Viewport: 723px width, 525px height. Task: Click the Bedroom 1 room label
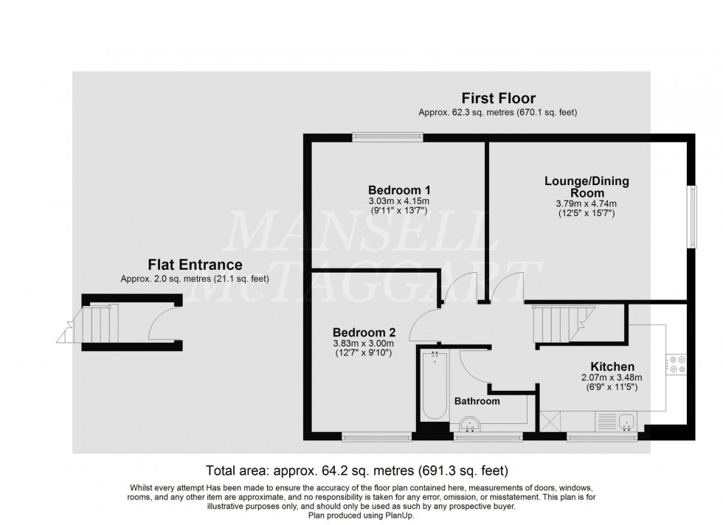tap(399, 190)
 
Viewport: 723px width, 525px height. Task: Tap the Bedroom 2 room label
tap(364, 333)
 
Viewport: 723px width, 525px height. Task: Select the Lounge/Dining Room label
tap(587, 187)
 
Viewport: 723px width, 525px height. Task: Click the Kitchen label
tap(612, 367)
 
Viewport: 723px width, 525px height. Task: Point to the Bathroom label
tap(477, 401)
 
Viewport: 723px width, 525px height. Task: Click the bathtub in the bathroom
tap(435, 384)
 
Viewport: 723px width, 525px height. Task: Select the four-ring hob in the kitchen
tap(676, 364)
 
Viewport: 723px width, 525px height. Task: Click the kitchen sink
tap(626, 421)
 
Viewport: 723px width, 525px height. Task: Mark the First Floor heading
tap(499, 98)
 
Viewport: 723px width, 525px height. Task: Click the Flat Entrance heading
tap(195, 265)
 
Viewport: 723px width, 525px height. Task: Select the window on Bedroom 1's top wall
tap(387, 136)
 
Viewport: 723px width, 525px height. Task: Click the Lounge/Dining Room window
tap(692, 217)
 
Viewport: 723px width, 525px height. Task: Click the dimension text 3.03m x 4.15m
tap(399, 201)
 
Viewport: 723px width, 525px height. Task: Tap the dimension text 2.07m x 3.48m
tap(612, 378)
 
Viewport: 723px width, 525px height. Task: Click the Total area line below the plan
tap(357, 470)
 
